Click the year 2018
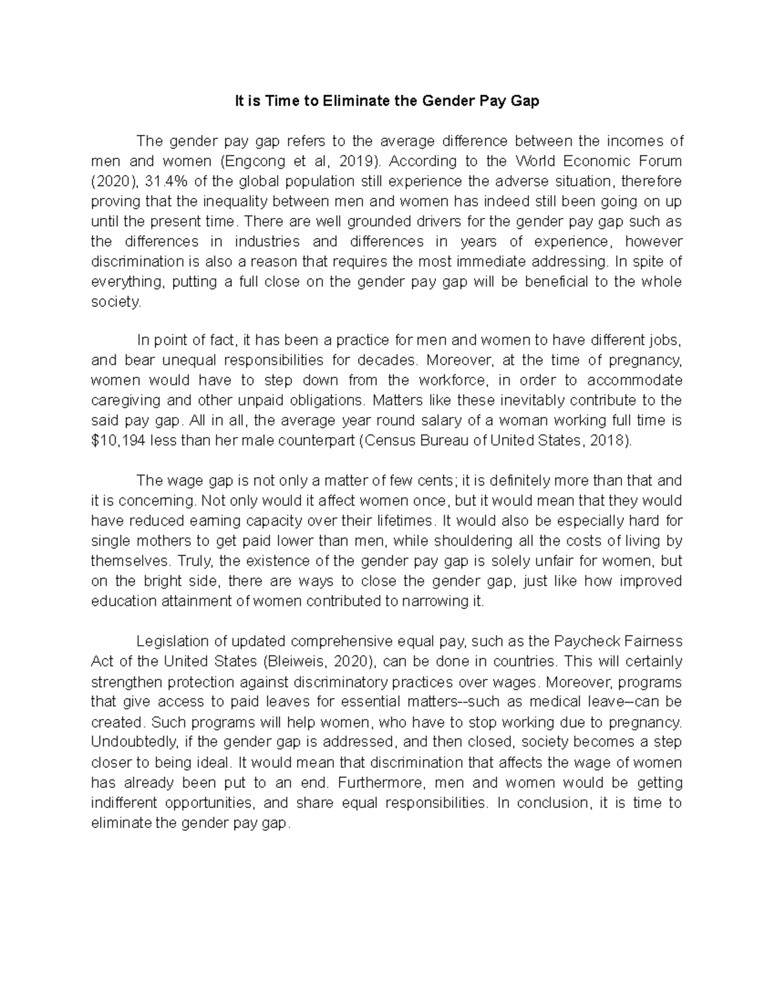coord(609,440)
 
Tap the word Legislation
coord(172,642)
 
